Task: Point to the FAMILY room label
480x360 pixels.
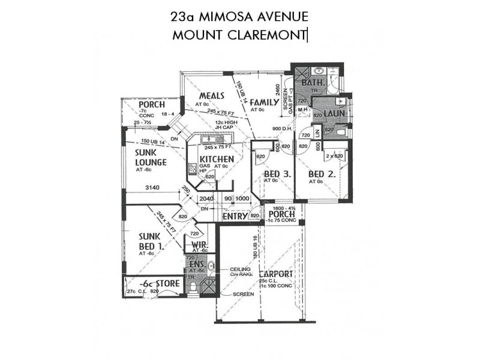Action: point(264,102)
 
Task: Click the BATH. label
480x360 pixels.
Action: point(313,83)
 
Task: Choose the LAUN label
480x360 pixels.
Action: point(333,113)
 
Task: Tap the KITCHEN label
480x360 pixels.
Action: point(209,158)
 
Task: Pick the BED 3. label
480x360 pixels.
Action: point(277,175)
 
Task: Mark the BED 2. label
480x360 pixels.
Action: point(321,175)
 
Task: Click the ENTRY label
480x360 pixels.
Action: point(235,216)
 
